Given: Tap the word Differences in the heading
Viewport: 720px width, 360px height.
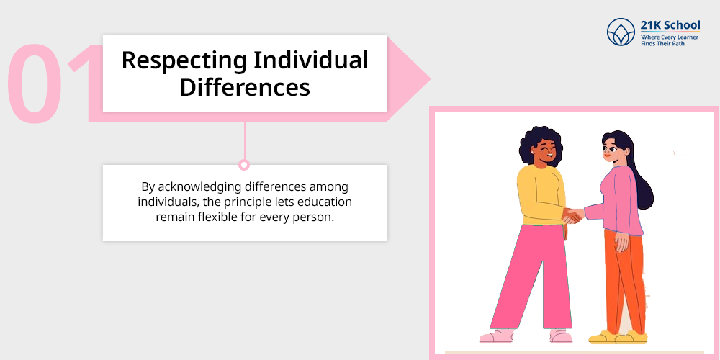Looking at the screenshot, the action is [x=245, y=87].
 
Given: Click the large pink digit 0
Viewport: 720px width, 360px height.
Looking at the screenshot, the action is [x=35, y=83].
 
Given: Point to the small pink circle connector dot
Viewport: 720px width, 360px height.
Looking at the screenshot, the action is [x=244, y=165].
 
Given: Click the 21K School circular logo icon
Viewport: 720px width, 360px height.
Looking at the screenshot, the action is [x=621, y=32].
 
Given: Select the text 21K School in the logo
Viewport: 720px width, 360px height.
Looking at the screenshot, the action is [x=670, y=24].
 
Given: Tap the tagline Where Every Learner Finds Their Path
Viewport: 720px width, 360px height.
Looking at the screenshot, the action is [x=670, y=40].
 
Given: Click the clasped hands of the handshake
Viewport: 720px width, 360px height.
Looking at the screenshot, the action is [x=572, y=216].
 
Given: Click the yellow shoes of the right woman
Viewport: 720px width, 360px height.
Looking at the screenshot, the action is [x=618, y=338].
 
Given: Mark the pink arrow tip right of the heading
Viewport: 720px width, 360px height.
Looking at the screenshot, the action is [x=429, y=79].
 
